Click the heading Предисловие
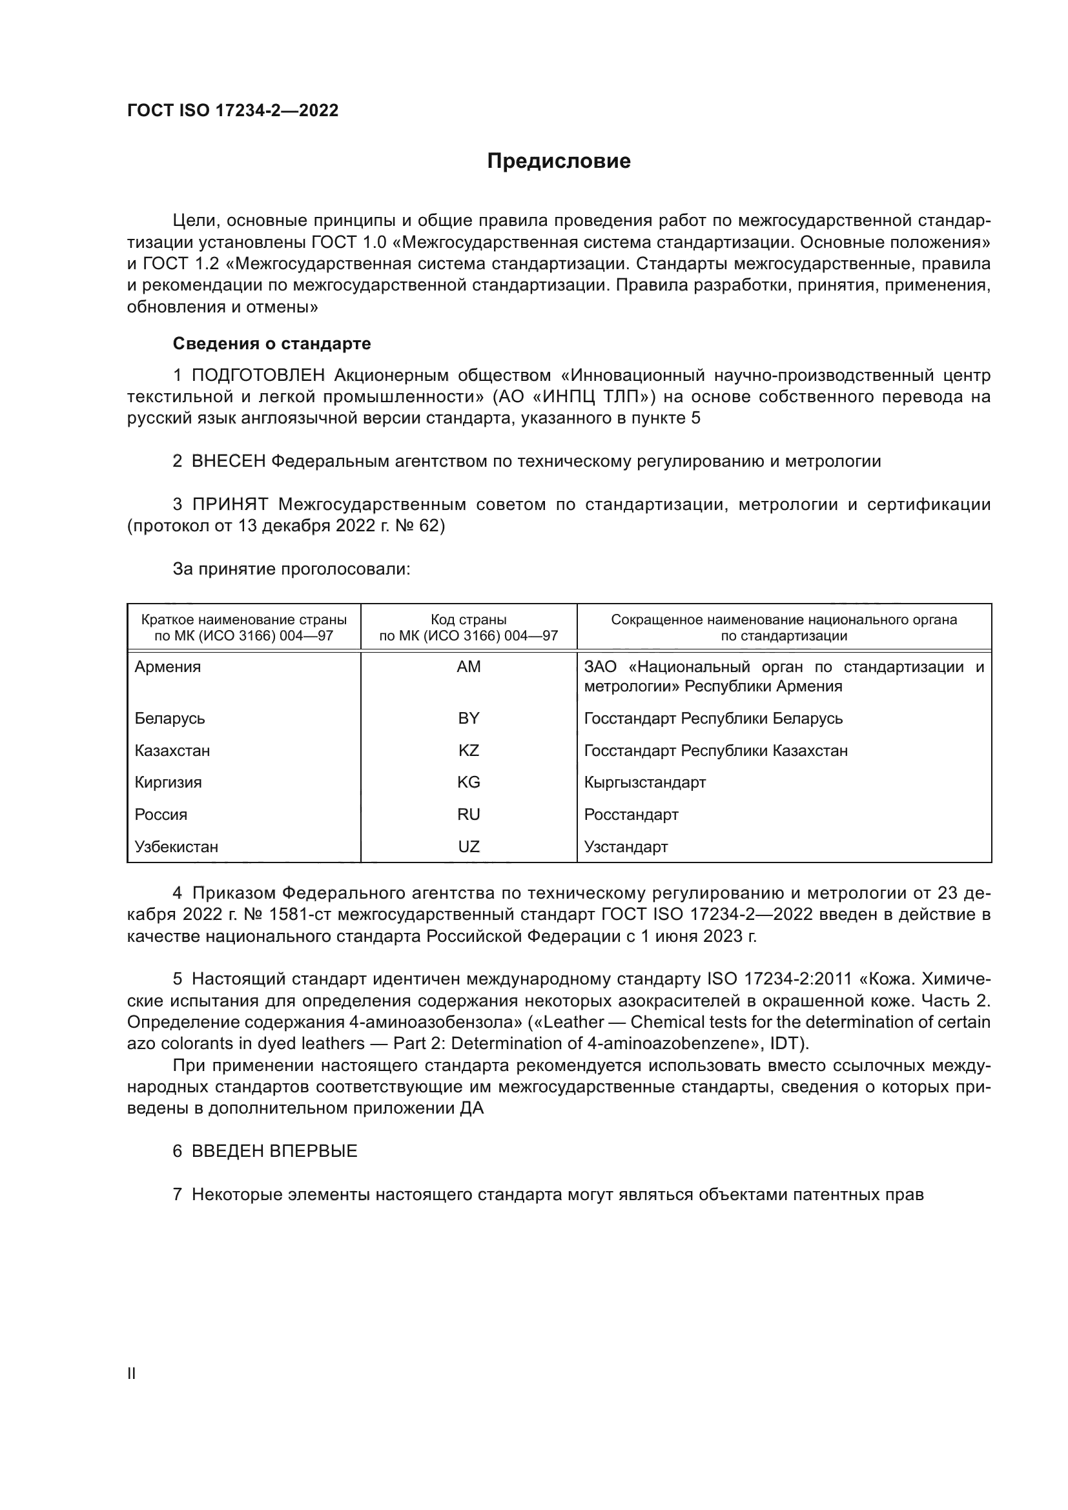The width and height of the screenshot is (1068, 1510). tap(559, 161)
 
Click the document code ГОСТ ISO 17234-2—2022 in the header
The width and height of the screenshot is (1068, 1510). tap(232, 110)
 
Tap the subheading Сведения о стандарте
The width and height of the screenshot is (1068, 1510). tap(272, 343)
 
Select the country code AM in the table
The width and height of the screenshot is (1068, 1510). tap(468, 667)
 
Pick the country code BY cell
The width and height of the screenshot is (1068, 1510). tap(468, 718)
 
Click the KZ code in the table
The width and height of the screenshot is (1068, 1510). tap(468, 750)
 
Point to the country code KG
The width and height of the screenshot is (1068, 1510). tap(468, 782)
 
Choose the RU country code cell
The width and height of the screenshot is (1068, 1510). tap(468, 814)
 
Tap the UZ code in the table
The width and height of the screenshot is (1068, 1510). tap(468, 846)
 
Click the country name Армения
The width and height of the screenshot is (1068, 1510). tap(168, 667)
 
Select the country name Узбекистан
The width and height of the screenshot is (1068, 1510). tap(176, 846)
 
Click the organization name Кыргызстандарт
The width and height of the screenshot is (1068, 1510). tap(644, 782)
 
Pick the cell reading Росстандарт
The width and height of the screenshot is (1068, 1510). tap(631, 814)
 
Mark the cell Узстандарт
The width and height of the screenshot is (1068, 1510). tap(626, 846)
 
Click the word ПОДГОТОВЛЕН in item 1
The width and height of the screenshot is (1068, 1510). tap(258, 376)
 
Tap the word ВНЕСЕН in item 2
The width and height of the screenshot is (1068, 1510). tap(228, 461)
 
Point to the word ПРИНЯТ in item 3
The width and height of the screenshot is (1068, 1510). tap(230, 504)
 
